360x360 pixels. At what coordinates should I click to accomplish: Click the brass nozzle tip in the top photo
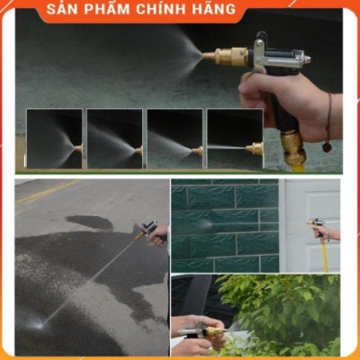[x=210, y=57]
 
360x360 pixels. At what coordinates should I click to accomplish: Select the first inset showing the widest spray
[x=54, y=139]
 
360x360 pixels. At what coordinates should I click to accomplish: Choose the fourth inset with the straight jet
[x=235, y=139]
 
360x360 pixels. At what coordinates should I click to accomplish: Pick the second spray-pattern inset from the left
[x=114, y=139]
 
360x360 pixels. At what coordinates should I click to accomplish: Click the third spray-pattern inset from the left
[x=175, y=139]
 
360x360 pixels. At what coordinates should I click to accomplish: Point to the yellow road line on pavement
[x=45, y=191]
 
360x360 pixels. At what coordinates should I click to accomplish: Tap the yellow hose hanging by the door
[x=325, y=254]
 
